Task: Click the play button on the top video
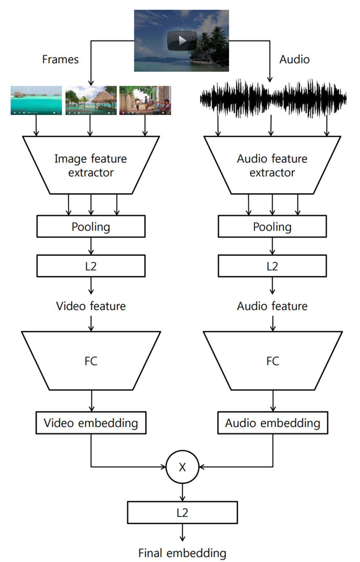point(182,41)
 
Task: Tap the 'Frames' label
point(60,59)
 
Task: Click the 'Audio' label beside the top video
point(294,59)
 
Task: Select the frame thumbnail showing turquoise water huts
point(36,100)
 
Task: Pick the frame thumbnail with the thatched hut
point(91,100)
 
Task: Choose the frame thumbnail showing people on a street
point(145,100)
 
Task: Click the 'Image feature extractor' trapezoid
point(91,165)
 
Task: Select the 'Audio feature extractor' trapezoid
point(272,165)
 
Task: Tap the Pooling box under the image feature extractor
point(91,227)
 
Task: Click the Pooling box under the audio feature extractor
point(272,227)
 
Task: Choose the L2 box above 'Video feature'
point(91,266)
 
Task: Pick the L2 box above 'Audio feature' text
point(272,266)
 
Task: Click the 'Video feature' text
point(91,306)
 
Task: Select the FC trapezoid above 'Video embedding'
point(91,361)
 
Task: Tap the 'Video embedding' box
point(91,423)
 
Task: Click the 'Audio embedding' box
point(273,423)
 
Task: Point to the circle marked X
point(182,467)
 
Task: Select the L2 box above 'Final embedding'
point(182,513)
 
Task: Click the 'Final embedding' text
point(182,553)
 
